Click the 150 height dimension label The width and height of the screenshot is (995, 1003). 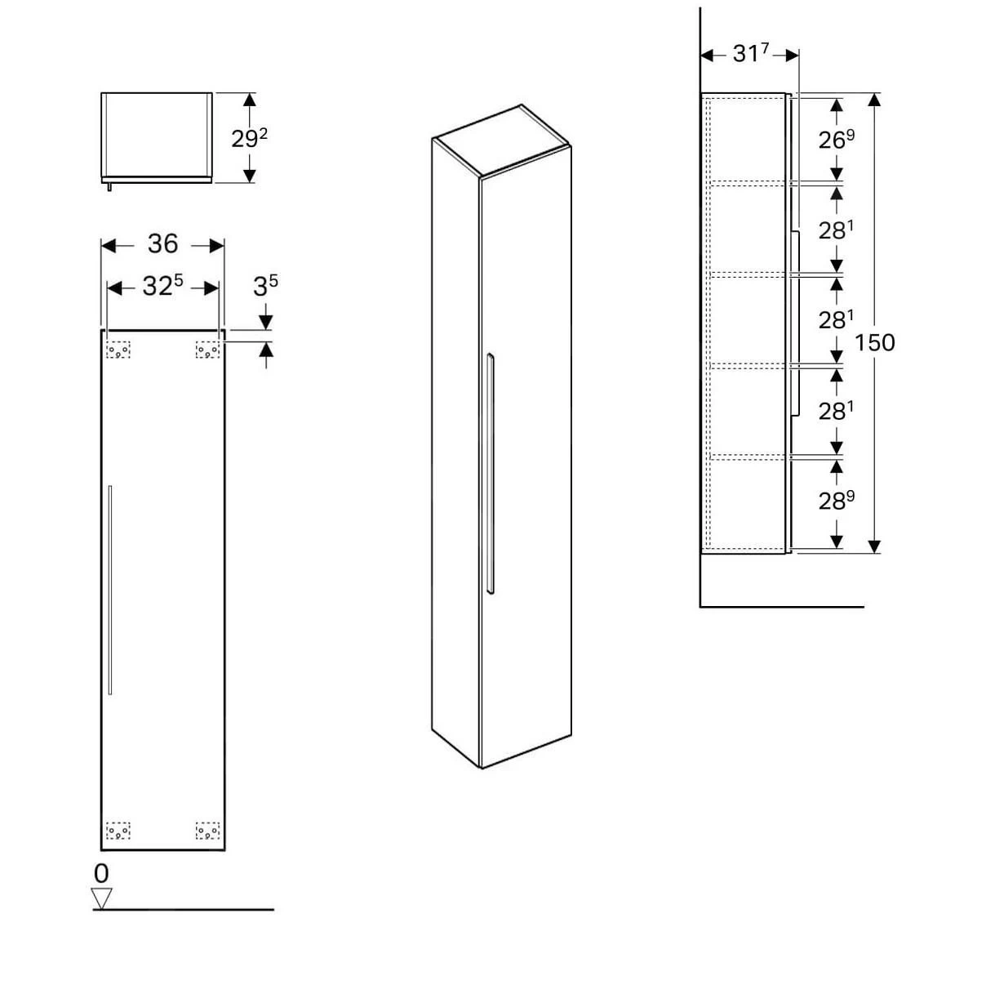point(875,342)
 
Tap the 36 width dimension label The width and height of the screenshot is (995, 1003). point(162,243)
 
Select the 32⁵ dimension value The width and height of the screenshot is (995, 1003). point(162,286)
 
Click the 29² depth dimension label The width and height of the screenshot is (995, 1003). point(249,138)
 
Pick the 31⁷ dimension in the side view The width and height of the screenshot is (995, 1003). point(750,54)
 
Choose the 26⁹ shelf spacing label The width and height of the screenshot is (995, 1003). point(837,140)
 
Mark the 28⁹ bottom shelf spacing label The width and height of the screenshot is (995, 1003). point(837,500)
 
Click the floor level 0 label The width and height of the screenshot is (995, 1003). point(101,873)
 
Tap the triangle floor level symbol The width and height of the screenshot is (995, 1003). point(101,898)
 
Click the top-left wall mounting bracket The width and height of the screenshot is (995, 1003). point(118,350)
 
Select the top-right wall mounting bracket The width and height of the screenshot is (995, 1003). point(207,350)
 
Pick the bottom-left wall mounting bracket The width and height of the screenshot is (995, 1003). point(118,831)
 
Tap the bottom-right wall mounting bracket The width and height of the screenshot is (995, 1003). point(207,831)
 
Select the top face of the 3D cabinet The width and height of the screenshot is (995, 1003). point(501,140)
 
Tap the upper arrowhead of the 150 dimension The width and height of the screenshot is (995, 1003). point(875,100)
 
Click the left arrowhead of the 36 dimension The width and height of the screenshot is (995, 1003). point(106,245)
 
